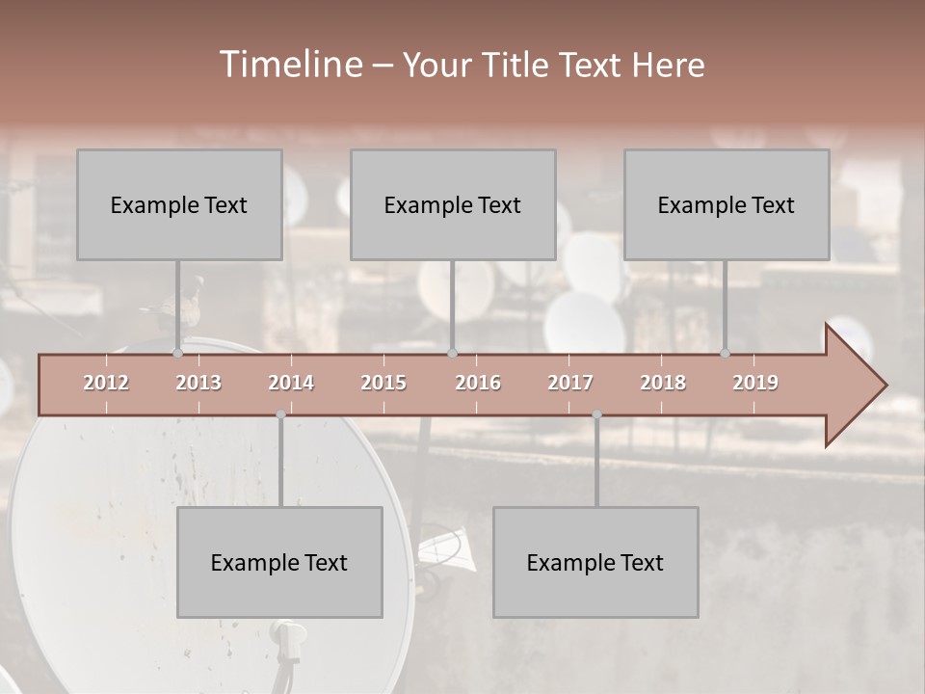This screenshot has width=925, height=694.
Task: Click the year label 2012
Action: click(106, 383)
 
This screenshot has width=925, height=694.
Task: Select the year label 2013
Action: click(198, 383)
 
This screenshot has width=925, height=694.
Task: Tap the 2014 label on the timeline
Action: click(291, 383)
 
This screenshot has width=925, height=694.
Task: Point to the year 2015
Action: click(383, 383)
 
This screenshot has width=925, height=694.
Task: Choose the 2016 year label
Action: click(478, 383)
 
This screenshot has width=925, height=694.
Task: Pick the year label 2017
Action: click(570, 383)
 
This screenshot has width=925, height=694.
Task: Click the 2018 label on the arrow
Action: click(663, 383)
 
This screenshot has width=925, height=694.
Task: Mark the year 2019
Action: click(755, 383)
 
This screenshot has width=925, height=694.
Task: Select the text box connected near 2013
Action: click(179, 204)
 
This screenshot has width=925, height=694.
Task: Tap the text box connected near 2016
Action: click(453, 204)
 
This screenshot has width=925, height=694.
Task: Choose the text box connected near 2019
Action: click(727, 204)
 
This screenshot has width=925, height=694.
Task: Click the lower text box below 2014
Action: click(279, 562)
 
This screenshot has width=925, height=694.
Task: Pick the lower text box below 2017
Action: click(595, 562)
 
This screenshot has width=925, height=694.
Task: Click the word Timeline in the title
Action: click(289, 65)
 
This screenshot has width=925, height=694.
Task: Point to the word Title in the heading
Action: click(516, 66)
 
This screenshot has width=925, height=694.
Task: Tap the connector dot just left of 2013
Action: click(177, 353)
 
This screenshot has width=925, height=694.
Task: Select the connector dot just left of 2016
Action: click(452, 353)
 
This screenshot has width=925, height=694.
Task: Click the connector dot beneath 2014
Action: click(280, 414)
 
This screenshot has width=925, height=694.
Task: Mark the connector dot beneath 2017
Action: click(596, 414)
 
